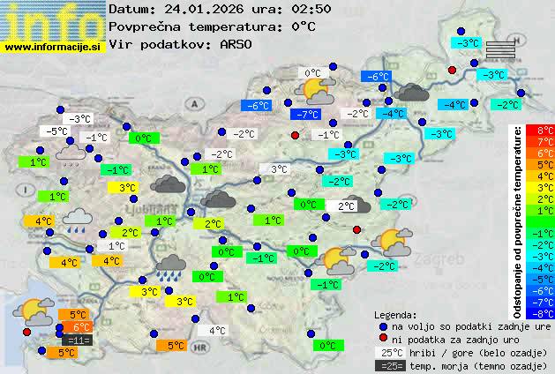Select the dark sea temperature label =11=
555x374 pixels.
pos(78,340)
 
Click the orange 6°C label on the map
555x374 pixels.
pos(78,327)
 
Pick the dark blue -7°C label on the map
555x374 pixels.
pos(307,115)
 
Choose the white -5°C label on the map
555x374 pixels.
pos(58,131)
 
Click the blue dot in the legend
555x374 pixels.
pos(383,325)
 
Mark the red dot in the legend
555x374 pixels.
pos(383,339)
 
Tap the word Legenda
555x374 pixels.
pos(395,314)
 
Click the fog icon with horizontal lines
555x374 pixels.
pos(499,49)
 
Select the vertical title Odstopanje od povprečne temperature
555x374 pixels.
pos(518,221)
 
